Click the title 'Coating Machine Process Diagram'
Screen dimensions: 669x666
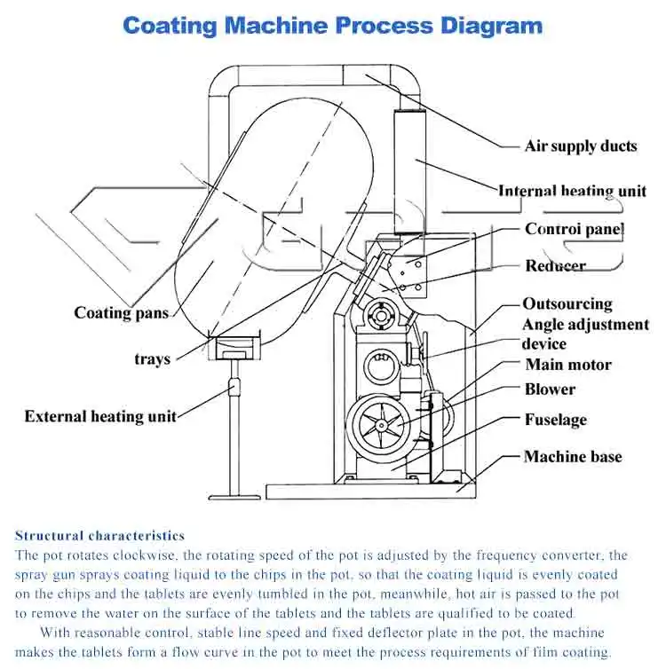pos(332,24)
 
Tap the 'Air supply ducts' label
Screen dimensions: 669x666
pos(581,146)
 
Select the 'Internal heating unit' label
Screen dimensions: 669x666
pos(572,191)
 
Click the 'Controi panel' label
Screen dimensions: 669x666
pos(575,229)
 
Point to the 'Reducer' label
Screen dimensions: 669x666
pos(555,265)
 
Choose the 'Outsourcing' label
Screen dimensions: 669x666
pos(567,303)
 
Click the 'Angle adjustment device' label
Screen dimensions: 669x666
pos(584,334)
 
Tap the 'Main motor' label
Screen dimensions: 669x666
pos(568,365)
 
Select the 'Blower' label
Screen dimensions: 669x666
pos(550,390)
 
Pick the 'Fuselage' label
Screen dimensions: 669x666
pos(555,420)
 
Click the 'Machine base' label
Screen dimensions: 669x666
pos(573,457)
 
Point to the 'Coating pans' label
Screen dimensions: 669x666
pos(121,312)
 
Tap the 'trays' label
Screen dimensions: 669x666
pos(152,359)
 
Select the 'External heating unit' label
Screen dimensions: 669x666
pos(100,416)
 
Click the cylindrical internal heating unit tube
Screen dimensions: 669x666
pos(410,173)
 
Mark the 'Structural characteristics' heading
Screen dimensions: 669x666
pos(99,536)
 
